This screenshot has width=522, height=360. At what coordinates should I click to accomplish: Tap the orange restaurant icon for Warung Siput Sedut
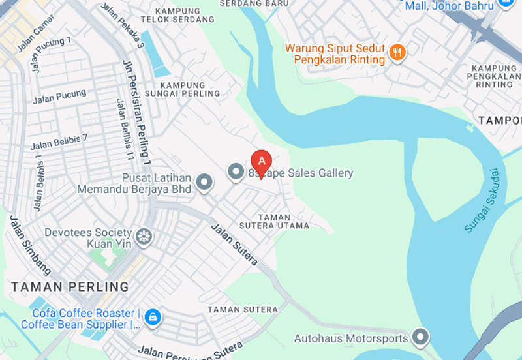[x=397, y=52]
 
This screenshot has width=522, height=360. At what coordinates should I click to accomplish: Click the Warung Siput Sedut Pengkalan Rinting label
[x=336, y=54]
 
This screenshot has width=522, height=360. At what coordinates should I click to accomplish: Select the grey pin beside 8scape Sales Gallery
[x=235, y=172]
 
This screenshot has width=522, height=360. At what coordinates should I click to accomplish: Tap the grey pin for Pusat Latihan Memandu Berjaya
[x=204, y=183]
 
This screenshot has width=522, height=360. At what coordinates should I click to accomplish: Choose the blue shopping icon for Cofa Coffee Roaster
[x=153, y=318]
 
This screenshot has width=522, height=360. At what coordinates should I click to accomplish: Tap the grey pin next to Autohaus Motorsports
[x=422, y=337]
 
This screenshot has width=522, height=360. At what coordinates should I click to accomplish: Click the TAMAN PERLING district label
[x=70, y=287]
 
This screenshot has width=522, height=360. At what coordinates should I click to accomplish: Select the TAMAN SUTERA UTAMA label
[x=283, y=222]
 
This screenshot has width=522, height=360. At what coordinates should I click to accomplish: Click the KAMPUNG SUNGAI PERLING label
[x=190, y=89]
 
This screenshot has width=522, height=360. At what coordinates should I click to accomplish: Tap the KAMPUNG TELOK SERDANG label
[x=178, y=16]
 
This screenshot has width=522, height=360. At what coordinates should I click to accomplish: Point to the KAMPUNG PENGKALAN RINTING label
[x=494, y=76]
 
